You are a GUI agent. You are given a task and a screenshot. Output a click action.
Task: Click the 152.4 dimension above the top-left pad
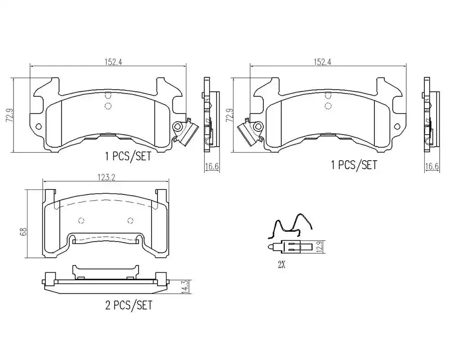113,62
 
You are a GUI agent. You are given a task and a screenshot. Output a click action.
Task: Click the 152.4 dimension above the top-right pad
322,62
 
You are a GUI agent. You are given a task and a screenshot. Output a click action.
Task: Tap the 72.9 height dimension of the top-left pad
10,115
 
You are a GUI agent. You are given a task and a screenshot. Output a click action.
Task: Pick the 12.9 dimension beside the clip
321,247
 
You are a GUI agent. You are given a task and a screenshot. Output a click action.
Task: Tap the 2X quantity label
282,265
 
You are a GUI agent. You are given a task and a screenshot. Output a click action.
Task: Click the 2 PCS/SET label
128,305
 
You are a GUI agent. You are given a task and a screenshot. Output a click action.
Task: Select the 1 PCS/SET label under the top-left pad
128,156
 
